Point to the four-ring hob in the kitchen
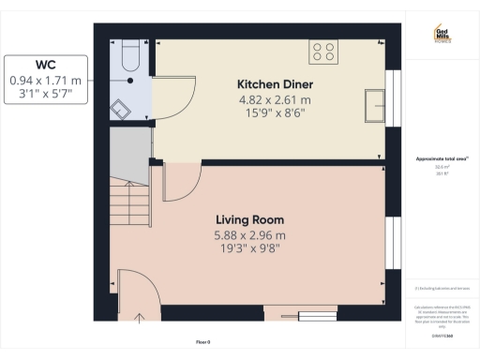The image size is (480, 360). (x=324, y=52)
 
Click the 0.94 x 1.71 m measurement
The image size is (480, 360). (x=46, y=81)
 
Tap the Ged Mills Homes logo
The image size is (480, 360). (x=442, y=35)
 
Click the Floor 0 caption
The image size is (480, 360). (x=202, y=340)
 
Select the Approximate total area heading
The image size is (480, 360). (x=441, y=159)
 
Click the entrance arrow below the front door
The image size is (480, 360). (x=140, y=320)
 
